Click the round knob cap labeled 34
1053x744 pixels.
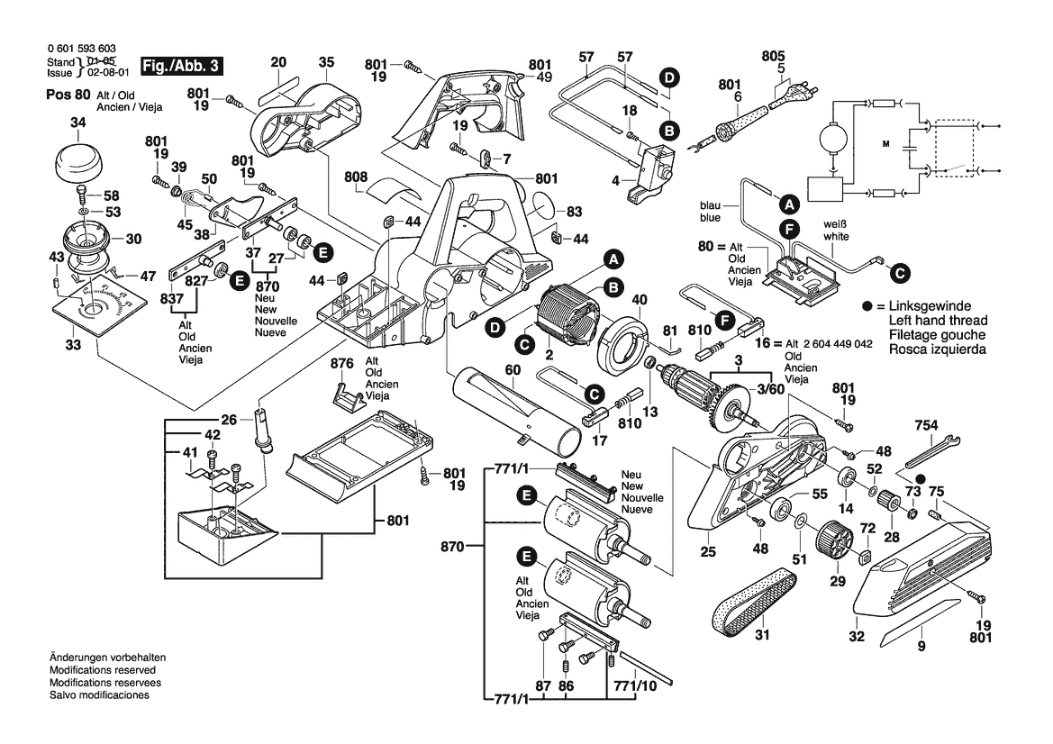click(77, 163)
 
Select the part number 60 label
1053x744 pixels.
click(512, 370)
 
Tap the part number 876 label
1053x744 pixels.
click(340, 364)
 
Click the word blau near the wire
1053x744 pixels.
click(709, 204)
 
